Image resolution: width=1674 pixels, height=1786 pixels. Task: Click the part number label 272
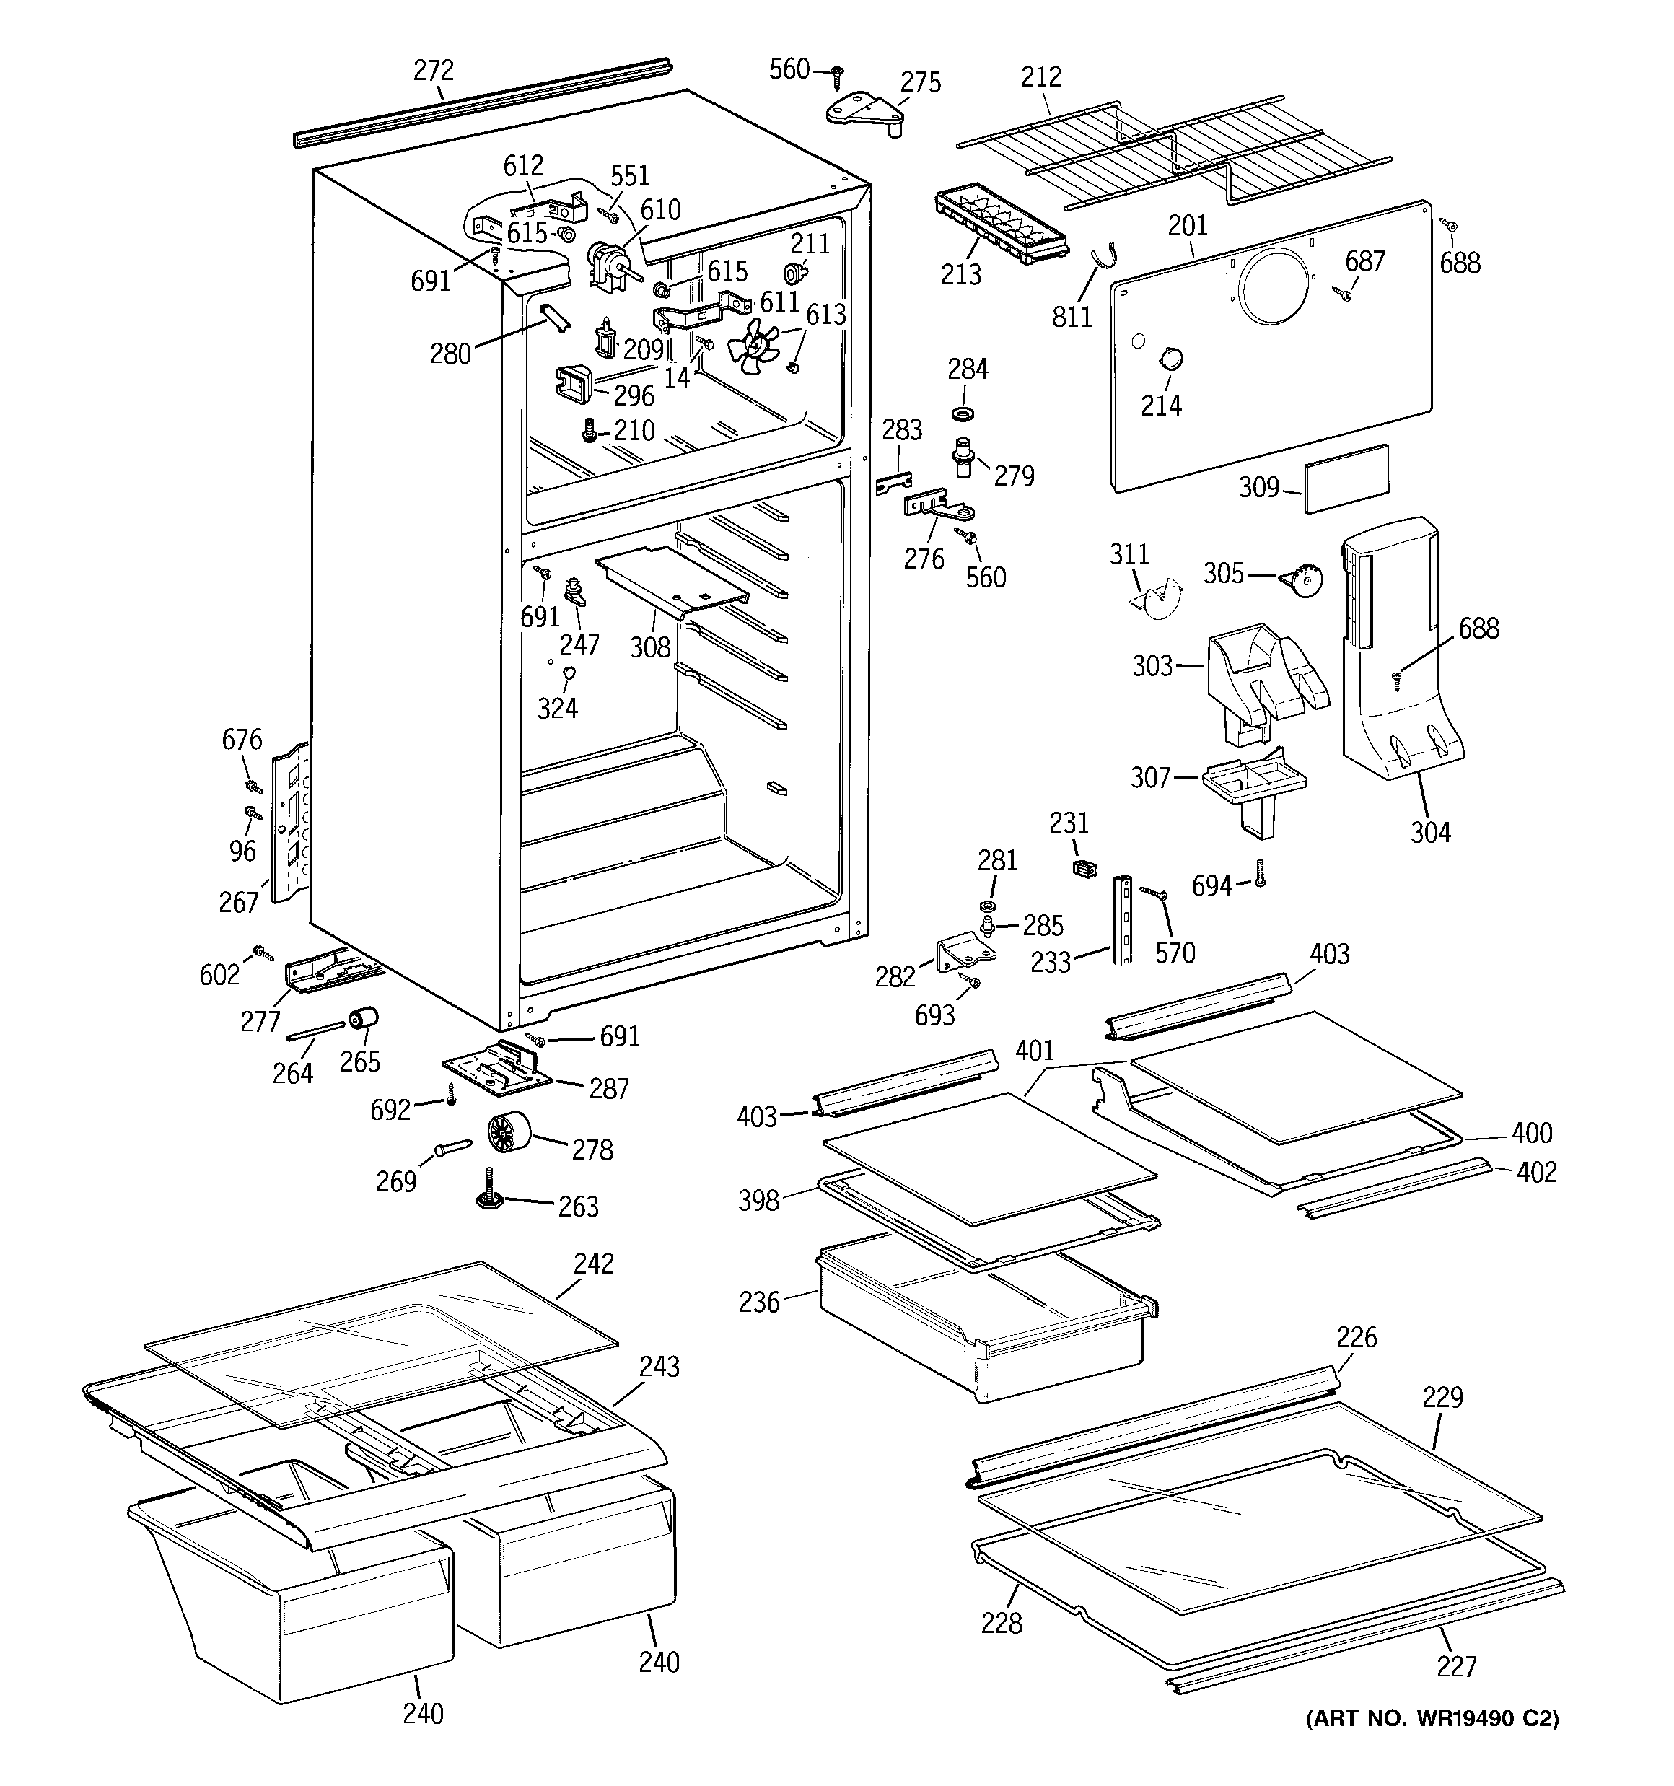[x=433, y=71]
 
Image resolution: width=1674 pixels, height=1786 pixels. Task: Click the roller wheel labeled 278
[x=509, y=1132]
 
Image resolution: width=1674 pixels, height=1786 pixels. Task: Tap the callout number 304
[x=1429, y=833]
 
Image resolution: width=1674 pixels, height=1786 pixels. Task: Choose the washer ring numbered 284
[x=965, y=413]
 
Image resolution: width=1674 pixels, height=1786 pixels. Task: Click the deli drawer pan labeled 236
[x=979, y=1321]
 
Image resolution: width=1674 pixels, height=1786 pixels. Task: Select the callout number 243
[x=659, y=1367]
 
